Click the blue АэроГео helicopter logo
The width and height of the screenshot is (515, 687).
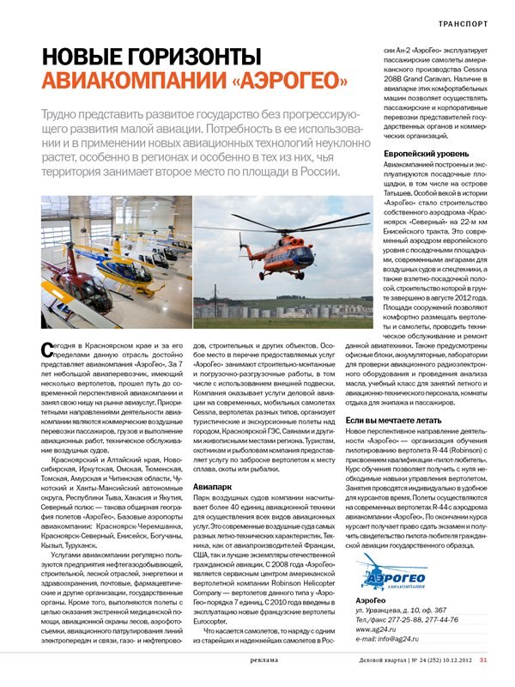click(x=364, y=567)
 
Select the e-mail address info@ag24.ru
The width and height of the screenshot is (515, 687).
click(x=391, y=639)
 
